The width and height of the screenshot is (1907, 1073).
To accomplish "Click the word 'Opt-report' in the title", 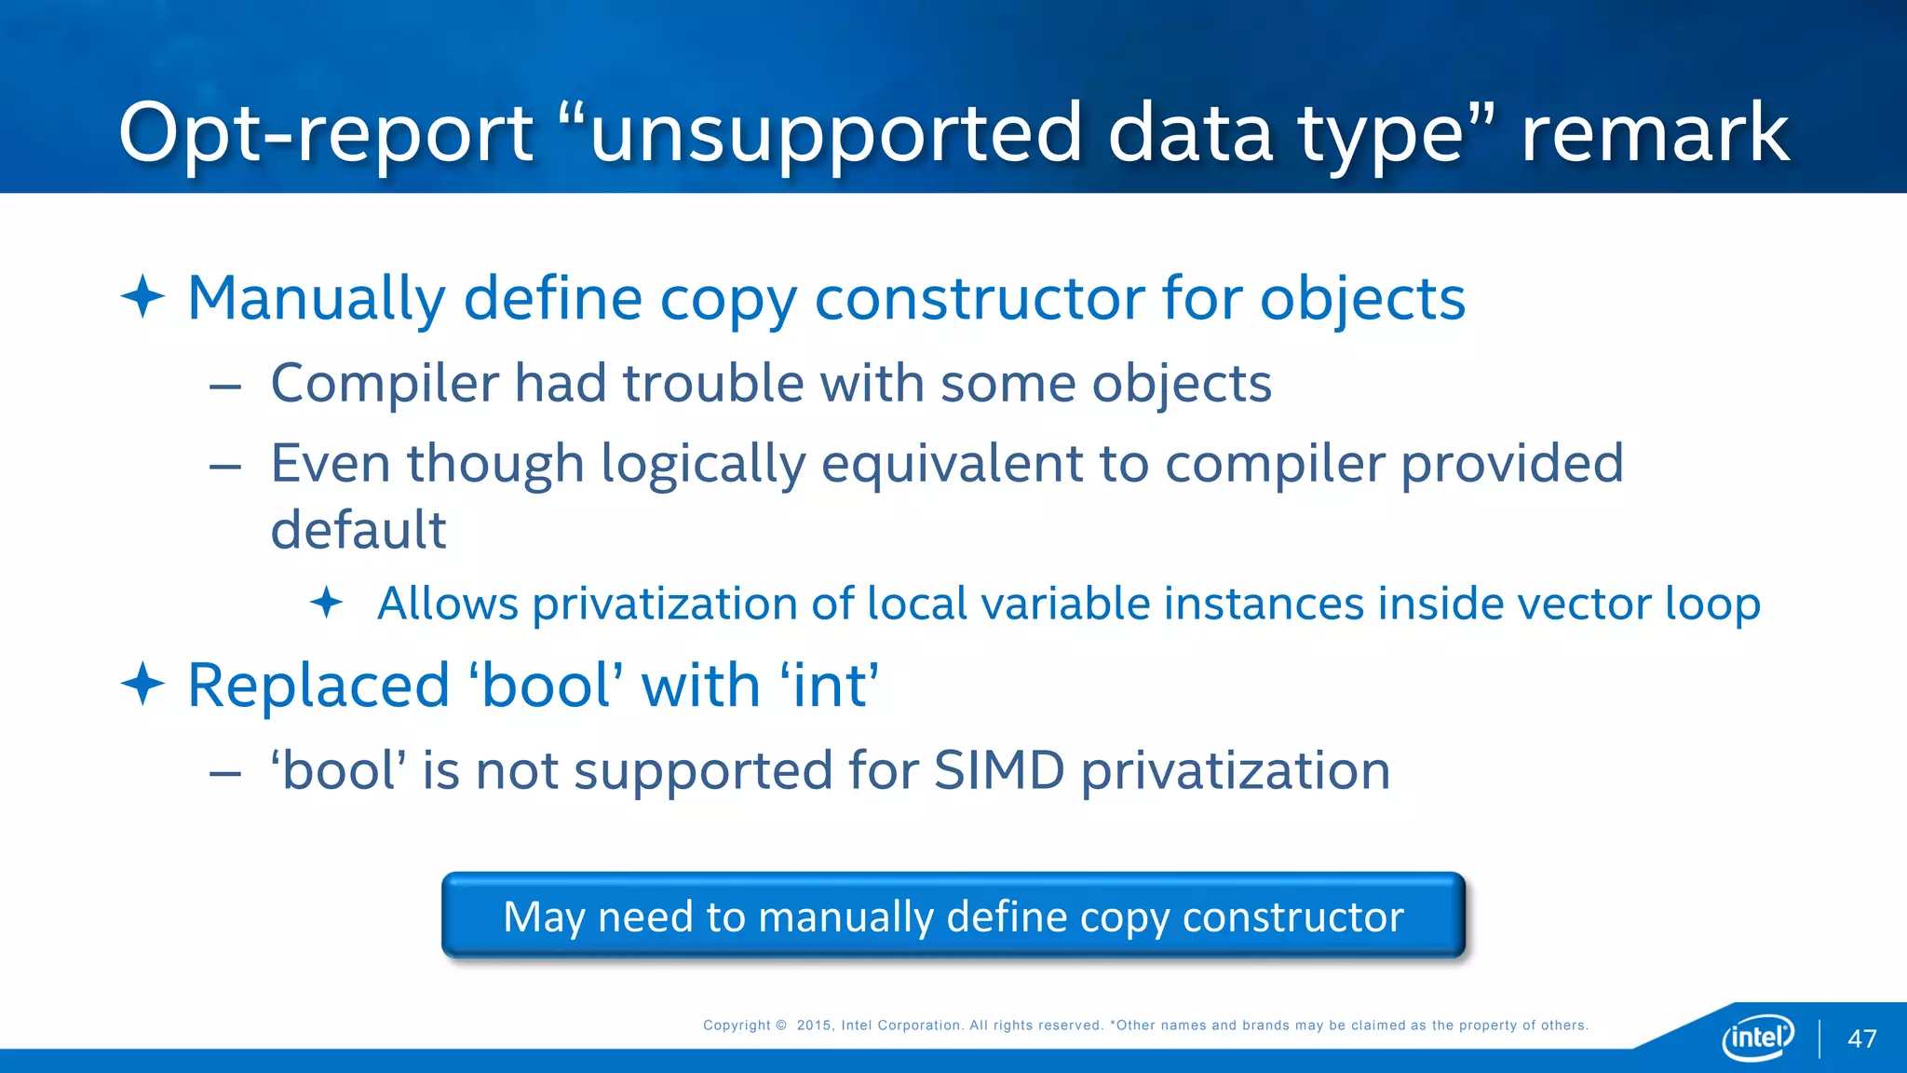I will tap(325, 133).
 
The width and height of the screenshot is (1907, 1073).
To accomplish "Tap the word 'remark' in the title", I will tap(1655, 133).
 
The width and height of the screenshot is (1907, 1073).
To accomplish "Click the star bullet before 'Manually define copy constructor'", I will tap(142, 297).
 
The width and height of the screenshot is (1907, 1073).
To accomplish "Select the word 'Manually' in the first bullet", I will tap(317, 299).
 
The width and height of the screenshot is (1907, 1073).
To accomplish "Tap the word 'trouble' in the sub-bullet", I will tap(713, 384).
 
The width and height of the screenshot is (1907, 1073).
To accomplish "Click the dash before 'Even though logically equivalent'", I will tap(225, 466).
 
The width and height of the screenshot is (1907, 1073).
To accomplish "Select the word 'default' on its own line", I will tap(358, 530).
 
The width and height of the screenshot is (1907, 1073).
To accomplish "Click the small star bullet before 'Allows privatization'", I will tap(326, 603).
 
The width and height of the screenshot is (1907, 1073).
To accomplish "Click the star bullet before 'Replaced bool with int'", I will tap(142, 685).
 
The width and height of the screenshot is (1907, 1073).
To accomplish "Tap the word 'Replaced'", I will tap(318, 686).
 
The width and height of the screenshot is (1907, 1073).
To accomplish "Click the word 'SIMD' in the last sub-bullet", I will tap(998, 771).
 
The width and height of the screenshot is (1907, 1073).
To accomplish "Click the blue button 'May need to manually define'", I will tap(953, 916).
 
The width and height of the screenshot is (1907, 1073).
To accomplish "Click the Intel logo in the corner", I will tap(1758, 1037).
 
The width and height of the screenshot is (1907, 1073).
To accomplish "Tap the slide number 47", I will tap(1861, 1039).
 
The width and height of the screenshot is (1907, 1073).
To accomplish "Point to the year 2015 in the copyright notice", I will tap(814, 1025).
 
